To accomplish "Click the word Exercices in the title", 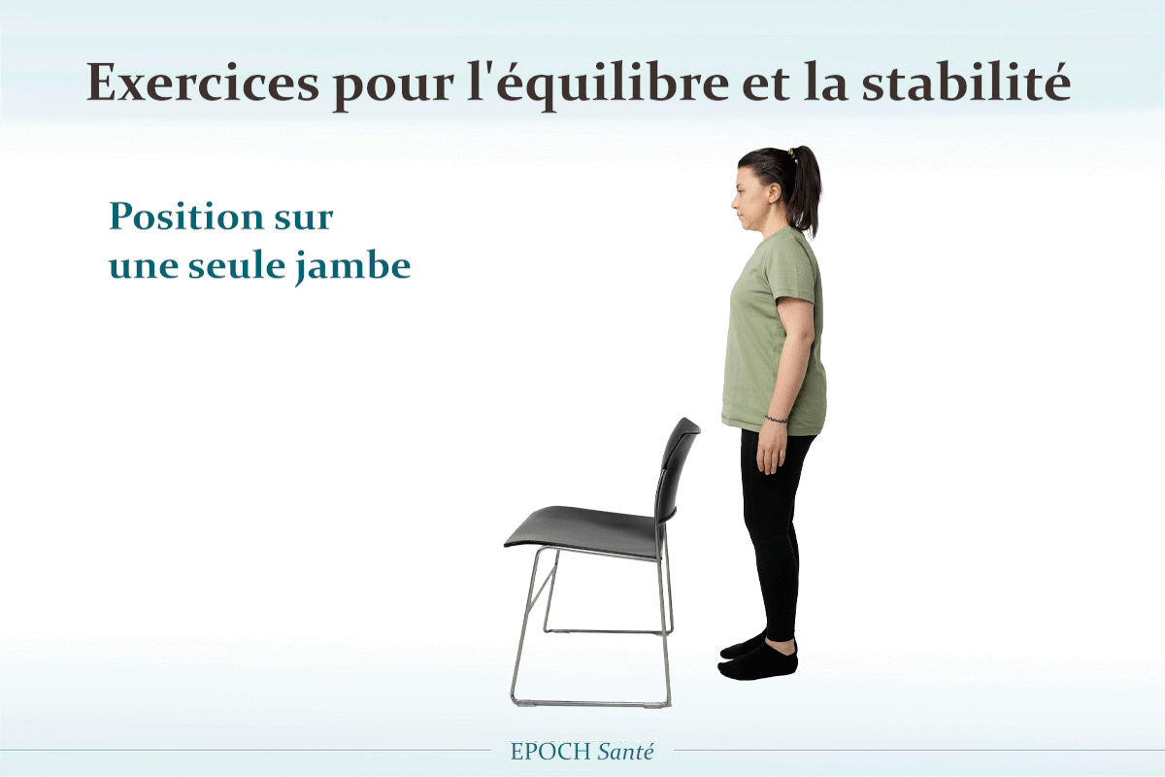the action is coord(203,83).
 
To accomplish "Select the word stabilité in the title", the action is coord(966,82).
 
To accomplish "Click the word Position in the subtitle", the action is coord(185,216).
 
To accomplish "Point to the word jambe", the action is coord(353,267).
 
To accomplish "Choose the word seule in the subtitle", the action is coord(237,264).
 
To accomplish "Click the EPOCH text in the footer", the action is coord(550,752).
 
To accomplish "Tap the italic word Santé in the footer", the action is coord(625,752).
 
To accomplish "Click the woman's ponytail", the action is coord(805,190).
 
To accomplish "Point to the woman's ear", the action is coord(775,193).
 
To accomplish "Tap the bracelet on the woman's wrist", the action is coord(776,419).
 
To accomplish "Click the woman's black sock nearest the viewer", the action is coord(758,662).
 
